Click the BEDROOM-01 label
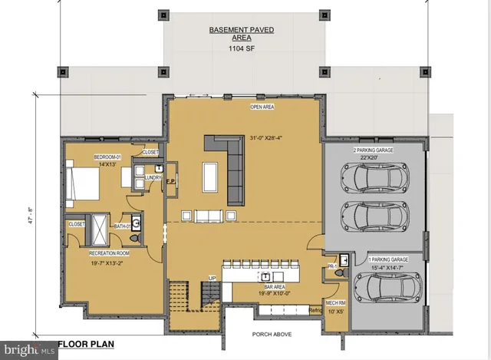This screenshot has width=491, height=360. pos(108,156)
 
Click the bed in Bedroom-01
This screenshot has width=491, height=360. pos(84,184)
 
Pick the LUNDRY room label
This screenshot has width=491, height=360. pos(152,177)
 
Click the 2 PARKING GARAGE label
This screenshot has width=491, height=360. pos(373,150)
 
